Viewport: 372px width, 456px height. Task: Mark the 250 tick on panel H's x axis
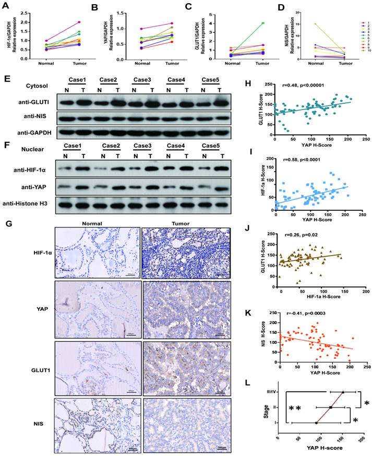(x=364, y=140)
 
